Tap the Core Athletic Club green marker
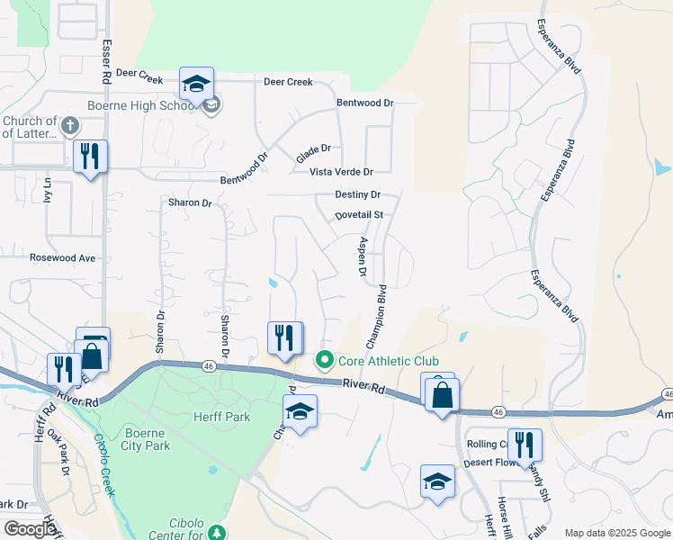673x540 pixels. [325, 361]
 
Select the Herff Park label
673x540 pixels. [222, 417]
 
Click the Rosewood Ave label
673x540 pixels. [62, 257]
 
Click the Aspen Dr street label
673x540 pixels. [363, 257]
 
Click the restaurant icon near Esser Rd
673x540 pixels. [90, 157]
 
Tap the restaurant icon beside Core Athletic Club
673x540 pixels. [285, 338]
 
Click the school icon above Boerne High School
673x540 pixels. [196, 84]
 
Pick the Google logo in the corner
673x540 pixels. [30, 529]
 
